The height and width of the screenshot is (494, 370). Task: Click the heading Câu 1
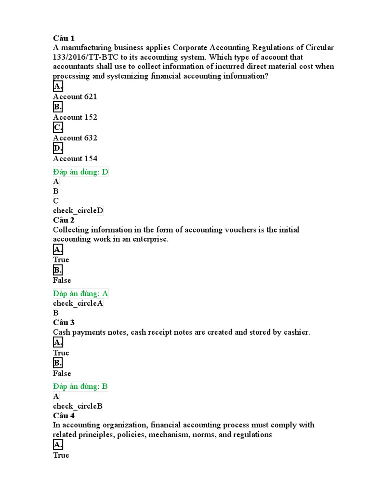64,38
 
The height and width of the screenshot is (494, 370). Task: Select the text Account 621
75,96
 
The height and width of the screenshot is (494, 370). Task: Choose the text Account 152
75,117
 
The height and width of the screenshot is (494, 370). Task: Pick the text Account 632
75,138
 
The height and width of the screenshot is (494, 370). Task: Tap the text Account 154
75,158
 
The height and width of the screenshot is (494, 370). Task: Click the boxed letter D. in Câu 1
58,148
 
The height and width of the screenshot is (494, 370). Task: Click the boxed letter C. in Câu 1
58,127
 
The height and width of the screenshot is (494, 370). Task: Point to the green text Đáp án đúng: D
80,172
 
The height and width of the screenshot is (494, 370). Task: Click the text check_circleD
78,210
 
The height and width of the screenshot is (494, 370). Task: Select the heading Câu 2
64,220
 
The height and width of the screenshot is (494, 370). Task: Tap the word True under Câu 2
61,260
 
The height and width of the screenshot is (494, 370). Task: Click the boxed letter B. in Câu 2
58,270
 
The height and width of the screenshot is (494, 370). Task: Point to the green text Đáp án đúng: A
80,293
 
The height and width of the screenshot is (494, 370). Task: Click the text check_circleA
78,303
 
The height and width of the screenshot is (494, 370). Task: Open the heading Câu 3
64,322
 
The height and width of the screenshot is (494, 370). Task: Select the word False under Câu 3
62,373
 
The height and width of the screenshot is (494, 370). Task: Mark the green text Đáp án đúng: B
80,386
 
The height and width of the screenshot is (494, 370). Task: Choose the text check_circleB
78,406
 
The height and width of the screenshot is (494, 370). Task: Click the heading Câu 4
64,415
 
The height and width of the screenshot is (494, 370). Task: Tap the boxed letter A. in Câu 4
58,445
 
